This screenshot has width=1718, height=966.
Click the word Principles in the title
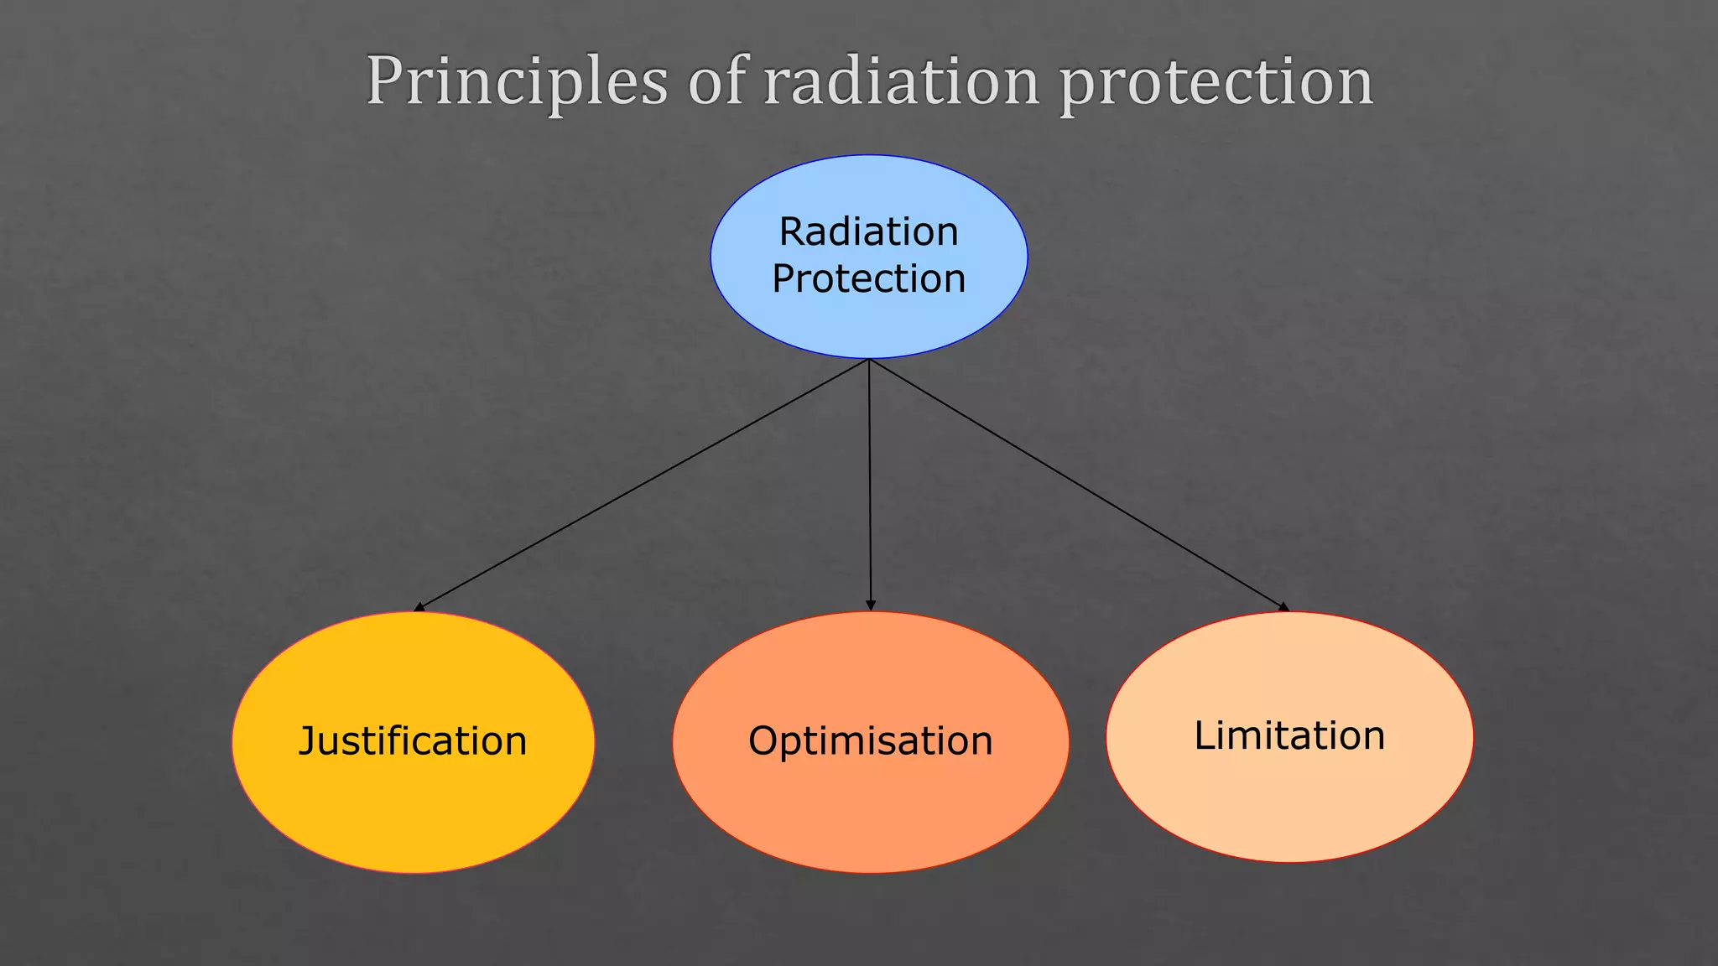(517, 81)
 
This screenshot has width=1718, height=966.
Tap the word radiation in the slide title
(901, 81)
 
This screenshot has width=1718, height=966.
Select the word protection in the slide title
(1216, 81)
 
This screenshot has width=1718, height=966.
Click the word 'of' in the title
(716, 81)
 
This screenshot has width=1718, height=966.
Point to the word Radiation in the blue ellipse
(868, 231)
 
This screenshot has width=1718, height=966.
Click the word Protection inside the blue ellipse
(868, 278)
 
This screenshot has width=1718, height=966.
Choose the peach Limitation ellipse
(1289, 805)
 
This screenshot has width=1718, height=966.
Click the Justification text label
(413, 741)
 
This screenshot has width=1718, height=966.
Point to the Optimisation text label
(870, 741)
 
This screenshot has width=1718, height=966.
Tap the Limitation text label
(1289, 735)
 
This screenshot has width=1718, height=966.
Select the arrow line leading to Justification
(642, 485)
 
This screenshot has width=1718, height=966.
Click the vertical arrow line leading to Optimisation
(870, 485)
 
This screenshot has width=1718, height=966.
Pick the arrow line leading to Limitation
(1078, 485)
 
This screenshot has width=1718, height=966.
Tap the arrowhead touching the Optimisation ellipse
(871, 605)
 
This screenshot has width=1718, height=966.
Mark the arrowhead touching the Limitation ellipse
(1283, 606)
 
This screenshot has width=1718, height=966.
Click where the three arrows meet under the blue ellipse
(869, 361)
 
